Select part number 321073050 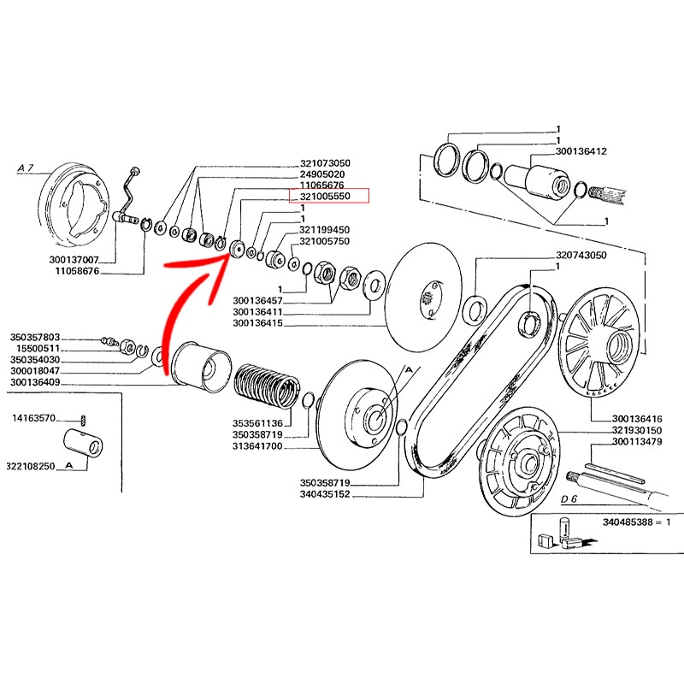coord(326,162)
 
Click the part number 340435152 coord(326,495)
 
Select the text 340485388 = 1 coord(637,522)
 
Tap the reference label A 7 coord(27,168)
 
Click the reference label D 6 coord(570,498)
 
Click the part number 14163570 coord(34,418)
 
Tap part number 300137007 coord(76,258)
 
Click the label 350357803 coord(36,337)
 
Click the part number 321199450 coord(324,230)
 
